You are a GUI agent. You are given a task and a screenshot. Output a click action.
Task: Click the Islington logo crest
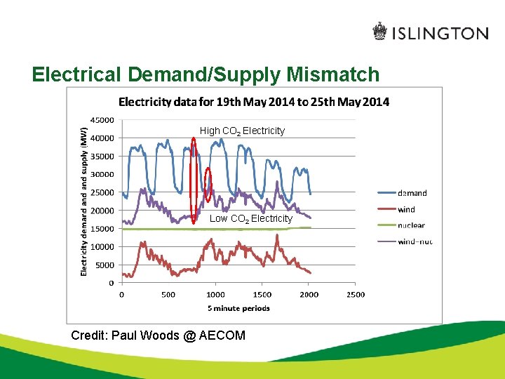[x=379, y=32]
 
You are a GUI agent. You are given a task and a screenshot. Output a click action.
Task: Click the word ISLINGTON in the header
[x=440, y=33]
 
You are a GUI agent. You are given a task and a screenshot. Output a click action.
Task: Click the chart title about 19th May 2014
[x=253, y=102]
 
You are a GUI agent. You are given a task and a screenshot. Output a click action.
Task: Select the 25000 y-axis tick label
[x=102, y=192]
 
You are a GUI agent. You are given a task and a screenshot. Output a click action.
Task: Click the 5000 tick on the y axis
[x=105, y=265]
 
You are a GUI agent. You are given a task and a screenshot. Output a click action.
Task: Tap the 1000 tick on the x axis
[x=215, y=295]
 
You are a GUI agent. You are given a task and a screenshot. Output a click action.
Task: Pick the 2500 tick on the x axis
[x=356, y=295]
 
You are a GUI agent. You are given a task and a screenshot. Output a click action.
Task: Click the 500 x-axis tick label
[x=168, y=295]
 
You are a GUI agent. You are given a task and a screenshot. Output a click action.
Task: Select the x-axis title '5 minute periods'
[x=238, y=308]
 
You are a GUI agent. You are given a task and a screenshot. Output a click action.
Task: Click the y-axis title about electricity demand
[x=84, y=200]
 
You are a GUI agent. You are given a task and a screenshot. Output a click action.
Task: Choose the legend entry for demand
[x=412, y=193]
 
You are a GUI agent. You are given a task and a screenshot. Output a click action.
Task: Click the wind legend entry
[x=406, y=209]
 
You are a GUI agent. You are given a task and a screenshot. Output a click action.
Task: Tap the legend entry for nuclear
[x=411, y=225]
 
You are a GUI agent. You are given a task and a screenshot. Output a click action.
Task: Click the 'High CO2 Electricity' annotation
[x=242, y=131]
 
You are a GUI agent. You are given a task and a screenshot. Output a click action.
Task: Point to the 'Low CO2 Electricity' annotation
[x=250, y=219]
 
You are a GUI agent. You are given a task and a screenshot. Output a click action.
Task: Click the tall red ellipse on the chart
[x=194, y=179]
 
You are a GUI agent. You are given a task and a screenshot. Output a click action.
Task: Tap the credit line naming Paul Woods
[x=158, y=335]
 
